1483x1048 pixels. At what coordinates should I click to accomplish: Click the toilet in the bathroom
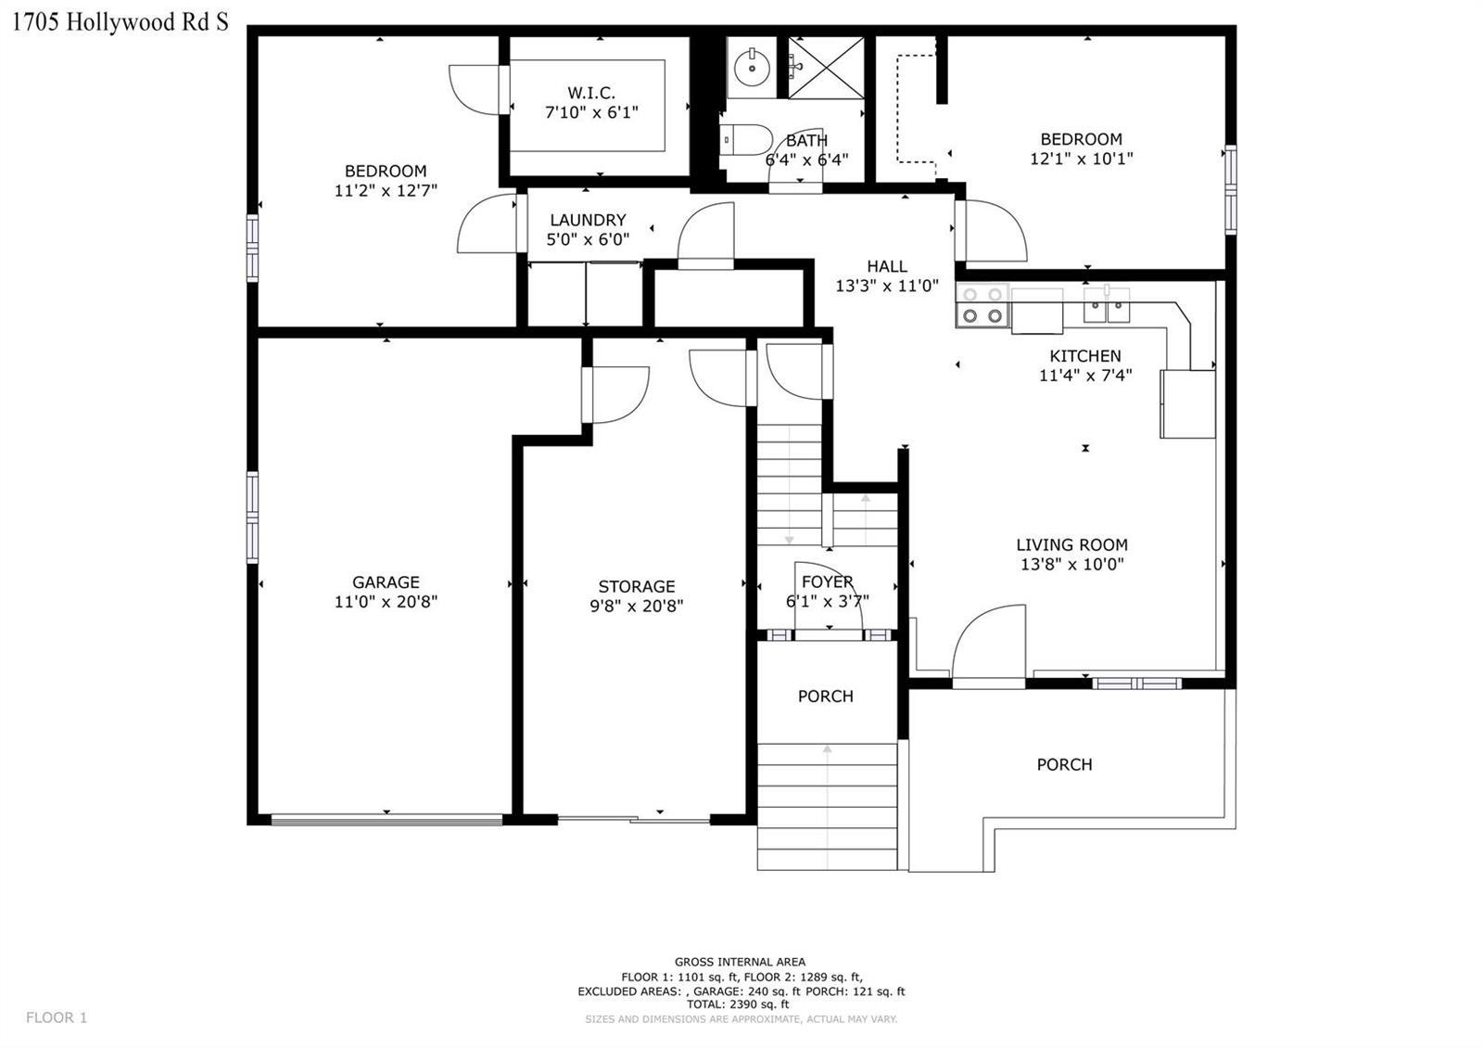pos(746,140)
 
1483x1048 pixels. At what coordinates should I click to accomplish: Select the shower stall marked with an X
pos(826,67)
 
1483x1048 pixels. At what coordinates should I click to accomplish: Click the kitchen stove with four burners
pos(982,305)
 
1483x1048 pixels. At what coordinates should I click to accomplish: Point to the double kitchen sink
pos(1107,305)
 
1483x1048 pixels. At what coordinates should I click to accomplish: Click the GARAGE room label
pos(386,582)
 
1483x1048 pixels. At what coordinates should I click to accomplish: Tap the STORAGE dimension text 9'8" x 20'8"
pos(636,607)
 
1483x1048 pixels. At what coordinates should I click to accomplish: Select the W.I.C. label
pos(591,93)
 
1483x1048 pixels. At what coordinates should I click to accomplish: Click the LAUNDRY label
pos(588,220)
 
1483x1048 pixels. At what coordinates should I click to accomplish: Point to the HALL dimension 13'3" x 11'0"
pos(887,287)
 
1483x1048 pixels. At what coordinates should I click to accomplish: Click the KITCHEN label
pos(1085,356)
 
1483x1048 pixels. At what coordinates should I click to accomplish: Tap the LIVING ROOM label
pos(1071,545)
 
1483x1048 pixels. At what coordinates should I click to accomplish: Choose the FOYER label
pos(827,582)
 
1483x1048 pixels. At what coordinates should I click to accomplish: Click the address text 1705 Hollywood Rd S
pos(120,22)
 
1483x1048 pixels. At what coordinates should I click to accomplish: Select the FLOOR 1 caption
pos(57,1017)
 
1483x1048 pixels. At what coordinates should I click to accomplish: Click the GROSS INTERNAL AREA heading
pos(741,962)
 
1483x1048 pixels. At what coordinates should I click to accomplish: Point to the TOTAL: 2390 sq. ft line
pos(738,1004)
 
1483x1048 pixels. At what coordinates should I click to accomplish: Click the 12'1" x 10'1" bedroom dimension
pos(1081,159)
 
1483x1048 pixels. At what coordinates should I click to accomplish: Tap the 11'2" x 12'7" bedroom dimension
pos(386,191)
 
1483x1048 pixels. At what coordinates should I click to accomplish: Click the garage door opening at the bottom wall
pos(387,821)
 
